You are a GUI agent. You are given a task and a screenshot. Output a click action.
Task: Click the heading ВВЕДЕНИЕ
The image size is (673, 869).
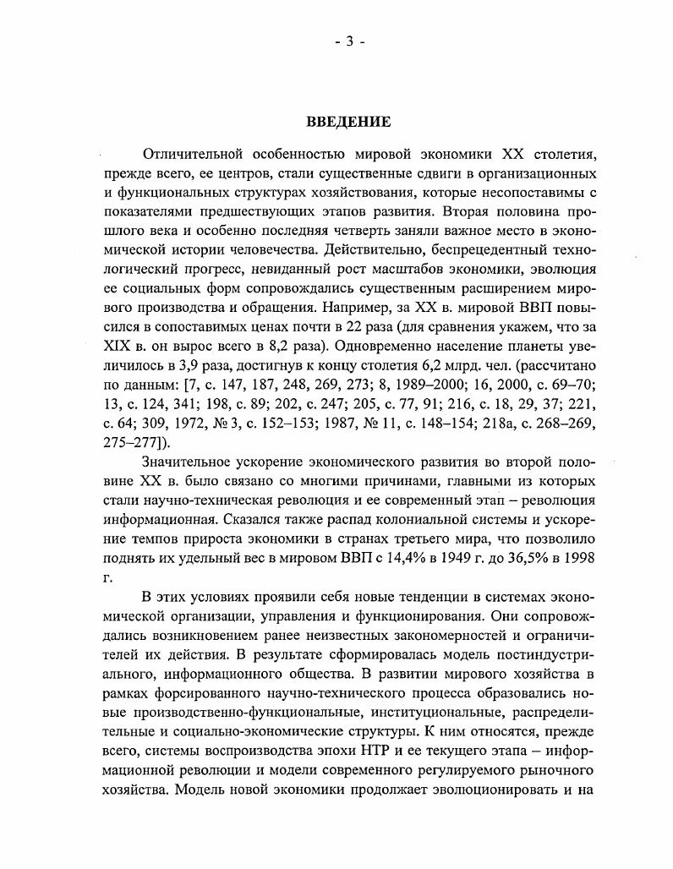(347, 123)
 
